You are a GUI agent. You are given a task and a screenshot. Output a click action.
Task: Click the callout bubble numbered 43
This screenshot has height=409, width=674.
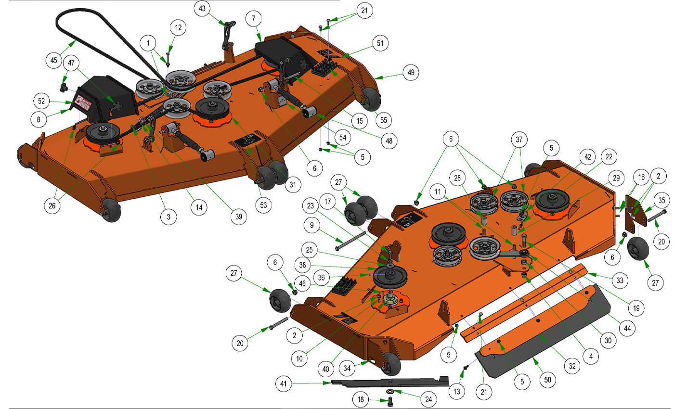click(202, 9)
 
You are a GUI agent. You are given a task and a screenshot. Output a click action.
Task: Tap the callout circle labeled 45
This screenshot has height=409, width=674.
click(54, 60)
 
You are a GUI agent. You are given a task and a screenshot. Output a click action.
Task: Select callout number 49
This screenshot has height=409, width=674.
click(411, 72)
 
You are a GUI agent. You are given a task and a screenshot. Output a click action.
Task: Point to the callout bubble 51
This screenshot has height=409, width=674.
click(380, 43)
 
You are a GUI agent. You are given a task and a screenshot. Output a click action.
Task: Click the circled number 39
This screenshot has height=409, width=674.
click(239, 217)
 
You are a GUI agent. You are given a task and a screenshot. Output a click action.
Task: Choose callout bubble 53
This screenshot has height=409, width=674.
click(263, 205)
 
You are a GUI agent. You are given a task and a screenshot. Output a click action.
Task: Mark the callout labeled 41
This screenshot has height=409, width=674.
click(284, 384)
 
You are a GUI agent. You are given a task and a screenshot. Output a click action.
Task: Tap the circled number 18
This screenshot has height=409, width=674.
click(361, 399)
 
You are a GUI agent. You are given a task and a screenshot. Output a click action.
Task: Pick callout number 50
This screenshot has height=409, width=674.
click(548, 380)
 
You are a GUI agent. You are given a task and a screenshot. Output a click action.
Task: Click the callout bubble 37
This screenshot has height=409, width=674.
click(519, 140)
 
